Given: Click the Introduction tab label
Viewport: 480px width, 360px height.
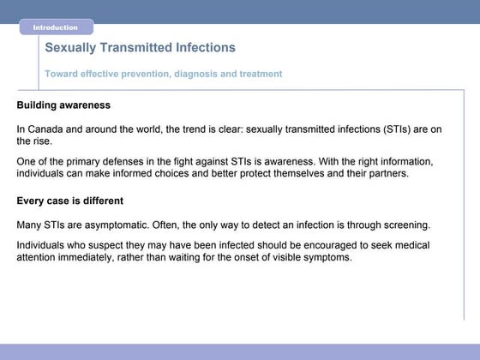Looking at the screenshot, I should pos(55,27).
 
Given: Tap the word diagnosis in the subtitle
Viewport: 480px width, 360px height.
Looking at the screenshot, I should pos(197,74).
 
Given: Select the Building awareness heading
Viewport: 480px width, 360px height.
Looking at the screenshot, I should pos(63,105).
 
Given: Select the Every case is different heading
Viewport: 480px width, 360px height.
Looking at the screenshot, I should pos(70,201).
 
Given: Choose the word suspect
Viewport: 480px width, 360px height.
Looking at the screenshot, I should pos(114,245).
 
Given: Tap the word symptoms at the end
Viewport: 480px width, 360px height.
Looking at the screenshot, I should pos(328,257).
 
